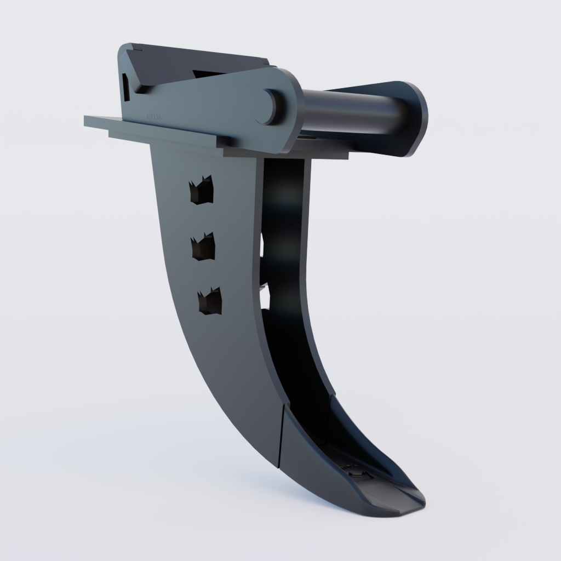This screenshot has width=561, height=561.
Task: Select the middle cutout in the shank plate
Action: pos(203,247)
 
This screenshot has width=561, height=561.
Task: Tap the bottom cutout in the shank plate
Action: pos(210,302)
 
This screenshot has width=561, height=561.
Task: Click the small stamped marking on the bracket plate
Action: pos(153,117)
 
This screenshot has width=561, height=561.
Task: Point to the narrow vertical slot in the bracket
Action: pos(126,87)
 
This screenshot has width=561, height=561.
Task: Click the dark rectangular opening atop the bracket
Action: pos(208,73)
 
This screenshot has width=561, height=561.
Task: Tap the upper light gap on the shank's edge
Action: pos(262,247)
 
